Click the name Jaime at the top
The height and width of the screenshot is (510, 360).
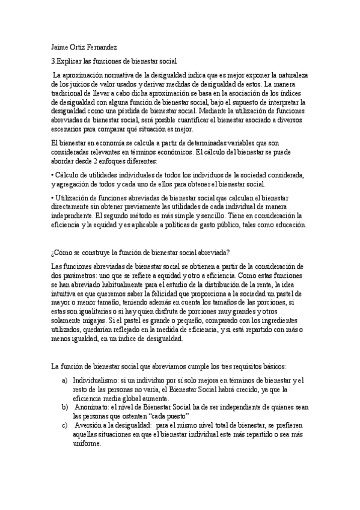pyautogui.click(x=61, y=46)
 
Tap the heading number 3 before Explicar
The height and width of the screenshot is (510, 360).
pyautogui.click(x=53, y=61)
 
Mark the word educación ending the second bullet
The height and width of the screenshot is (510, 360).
pyautogui.click(x=290, y=224)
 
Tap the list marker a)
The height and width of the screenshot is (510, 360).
pyautogui.click(x=64, y=381)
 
